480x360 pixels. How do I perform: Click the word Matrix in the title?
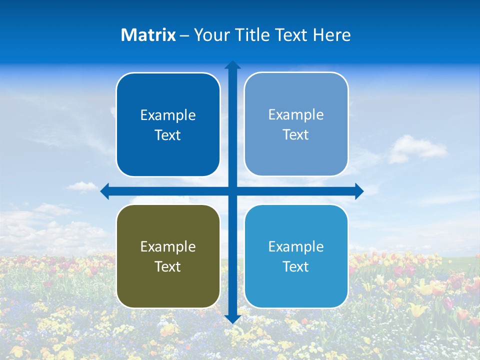coord(148,35)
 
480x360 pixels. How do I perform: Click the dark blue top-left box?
coord(168,124)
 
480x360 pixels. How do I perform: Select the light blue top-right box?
coord(296,124)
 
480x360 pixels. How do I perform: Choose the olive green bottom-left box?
coord(168,256)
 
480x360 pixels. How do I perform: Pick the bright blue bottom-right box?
coord(296,256)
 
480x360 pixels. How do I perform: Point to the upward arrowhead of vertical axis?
coord(232,65)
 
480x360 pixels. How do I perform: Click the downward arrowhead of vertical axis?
coord(232,319)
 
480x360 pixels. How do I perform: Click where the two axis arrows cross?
coord(232,191)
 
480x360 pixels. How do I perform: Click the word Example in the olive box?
coord(168,246)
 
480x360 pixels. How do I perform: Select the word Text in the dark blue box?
coord(167,135)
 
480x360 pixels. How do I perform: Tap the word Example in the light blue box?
coord(296,114)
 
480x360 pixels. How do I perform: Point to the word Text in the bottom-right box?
coord(295,266)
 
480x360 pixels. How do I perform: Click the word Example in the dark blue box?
coord(168,115)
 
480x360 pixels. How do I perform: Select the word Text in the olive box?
coord(167,266)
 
